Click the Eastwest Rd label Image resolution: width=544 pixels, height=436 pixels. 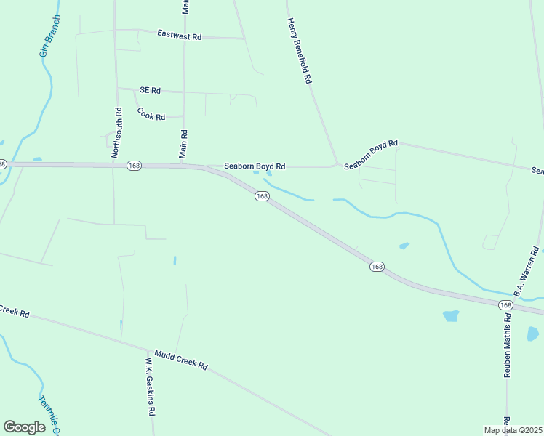179,35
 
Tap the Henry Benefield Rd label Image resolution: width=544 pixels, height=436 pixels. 298,51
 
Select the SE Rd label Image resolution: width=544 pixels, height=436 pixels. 150,90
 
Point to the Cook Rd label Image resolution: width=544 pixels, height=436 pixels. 151,114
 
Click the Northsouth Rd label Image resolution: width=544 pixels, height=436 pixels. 117,133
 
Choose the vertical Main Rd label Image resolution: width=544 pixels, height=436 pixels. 184,144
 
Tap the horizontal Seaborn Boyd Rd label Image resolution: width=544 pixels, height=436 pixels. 254,166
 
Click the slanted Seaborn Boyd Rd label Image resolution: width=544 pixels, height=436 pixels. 371,155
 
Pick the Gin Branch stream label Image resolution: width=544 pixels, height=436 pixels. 49,36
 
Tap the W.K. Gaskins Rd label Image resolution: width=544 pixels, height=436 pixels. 151,385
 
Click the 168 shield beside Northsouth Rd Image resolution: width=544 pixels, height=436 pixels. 133,166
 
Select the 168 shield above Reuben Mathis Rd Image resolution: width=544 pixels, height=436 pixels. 506,305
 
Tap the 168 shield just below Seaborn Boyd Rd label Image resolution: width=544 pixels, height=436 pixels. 262,196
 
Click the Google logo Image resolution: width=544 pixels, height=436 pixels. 24,427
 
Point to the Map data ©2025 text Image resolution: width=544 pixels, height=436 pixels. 513,430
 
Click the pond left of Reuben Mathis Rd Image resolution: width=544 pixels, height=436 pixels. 451,316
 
